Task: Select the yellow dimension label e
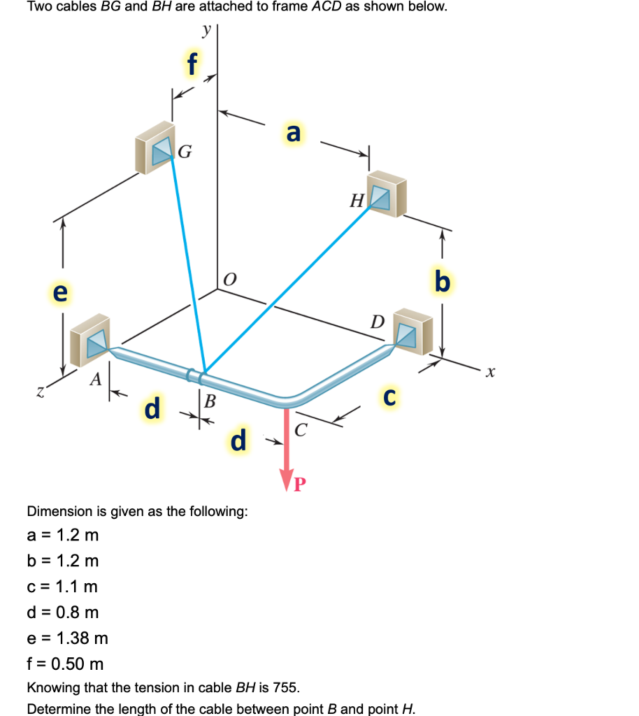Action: [x=61, y=292]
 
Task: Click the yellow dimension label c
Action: [x=392, y=396]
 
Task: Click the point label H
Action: [x=357, y=202]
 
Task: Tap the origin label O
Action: [x=229, y=280]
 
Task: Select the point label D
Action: [x=378, y=322]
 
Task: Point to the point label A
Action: [x=96, y=380]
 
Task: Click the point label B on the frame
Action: [x=209, y=400]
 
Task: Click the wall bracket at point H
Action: [x=387, y=194]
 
